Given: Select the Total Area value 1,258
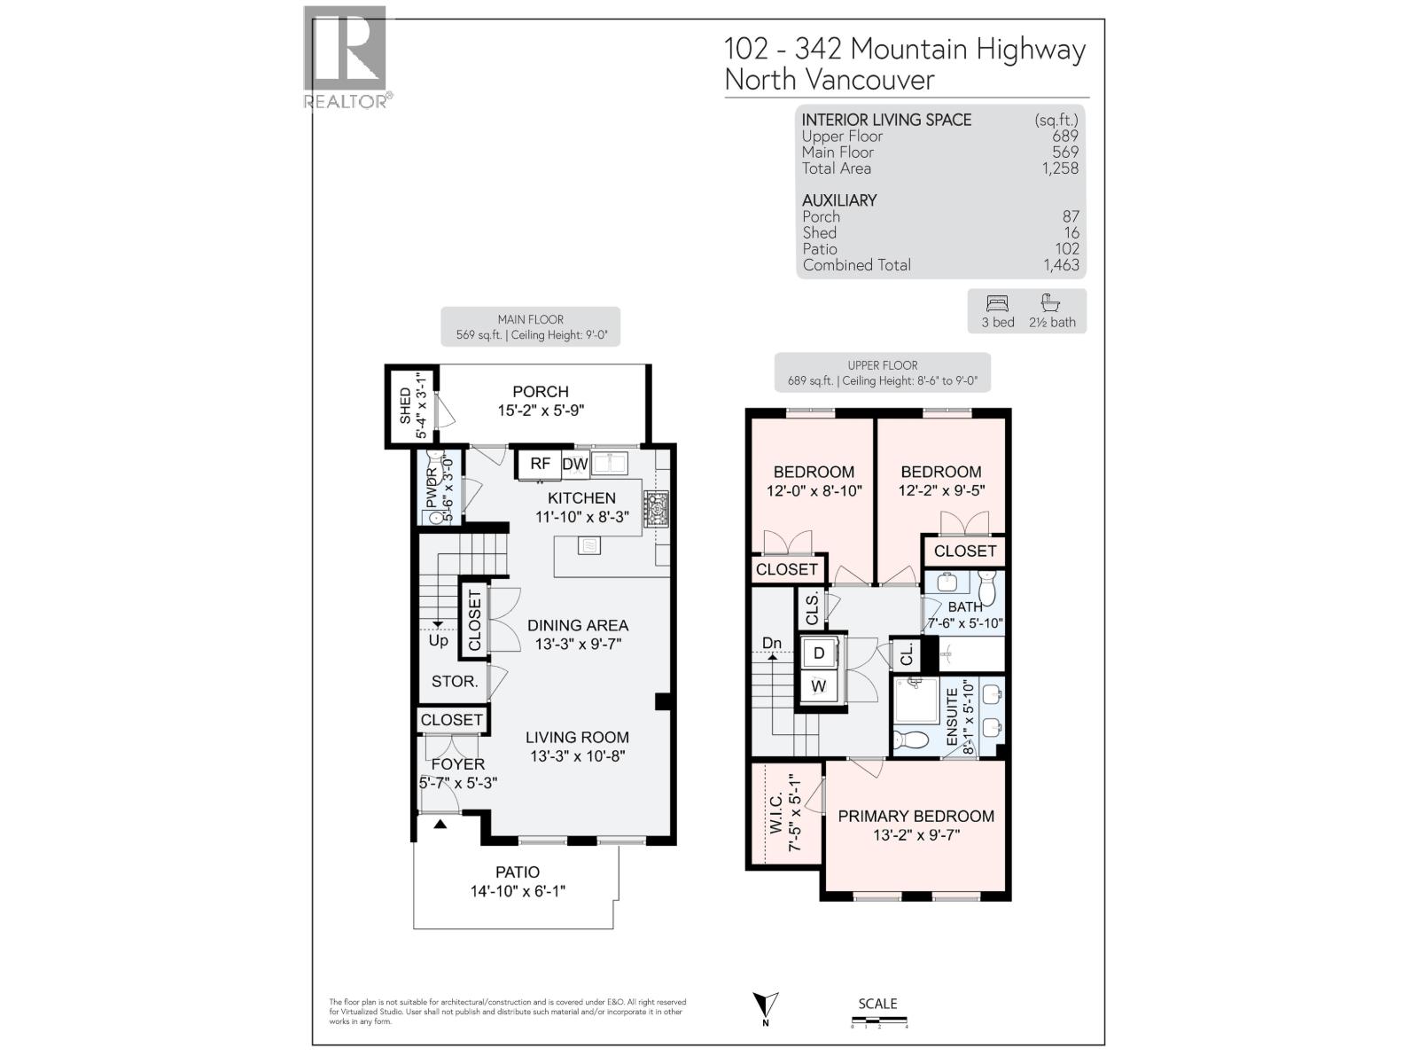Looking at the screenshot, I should [x=1060, y=168].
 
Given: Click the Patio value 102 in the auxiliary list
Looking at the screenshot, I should [x=1066, y=249].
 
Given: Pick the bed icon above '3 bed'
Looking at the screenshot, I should [x=997, y=303].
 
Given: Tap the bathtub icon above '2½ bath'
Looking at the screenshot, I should [x=1051, y=302].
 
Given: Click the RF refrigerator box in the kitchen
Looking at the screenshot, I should [x=540, y=464].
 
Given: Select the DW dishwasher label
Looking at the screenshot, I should [x=575, y=464].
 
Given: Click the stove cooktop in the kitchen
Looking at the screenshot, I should [x=656, y=510].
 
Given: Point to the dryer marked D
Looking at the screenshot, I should [x=819, y=653].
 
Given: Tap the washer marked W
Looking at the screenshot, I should [x=819, y=686].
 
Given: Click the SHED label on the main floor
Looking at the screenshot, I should [x=406, y=405].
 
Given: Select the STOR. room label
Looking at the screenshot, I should [x=454, y=682].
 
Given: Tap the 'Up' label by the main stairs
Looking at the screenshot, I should [x=438, y=640].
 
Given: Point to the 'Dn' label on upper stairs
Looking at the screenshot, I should [x=772, y=643].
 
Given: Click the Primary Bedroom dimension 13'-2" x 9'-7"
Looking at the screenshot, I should [x=916, y=835].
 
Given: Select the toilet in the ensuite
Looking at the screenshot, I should [x=910, y=739].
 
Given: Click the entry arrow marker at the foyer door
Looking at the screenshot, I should [x=440, y=825].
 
